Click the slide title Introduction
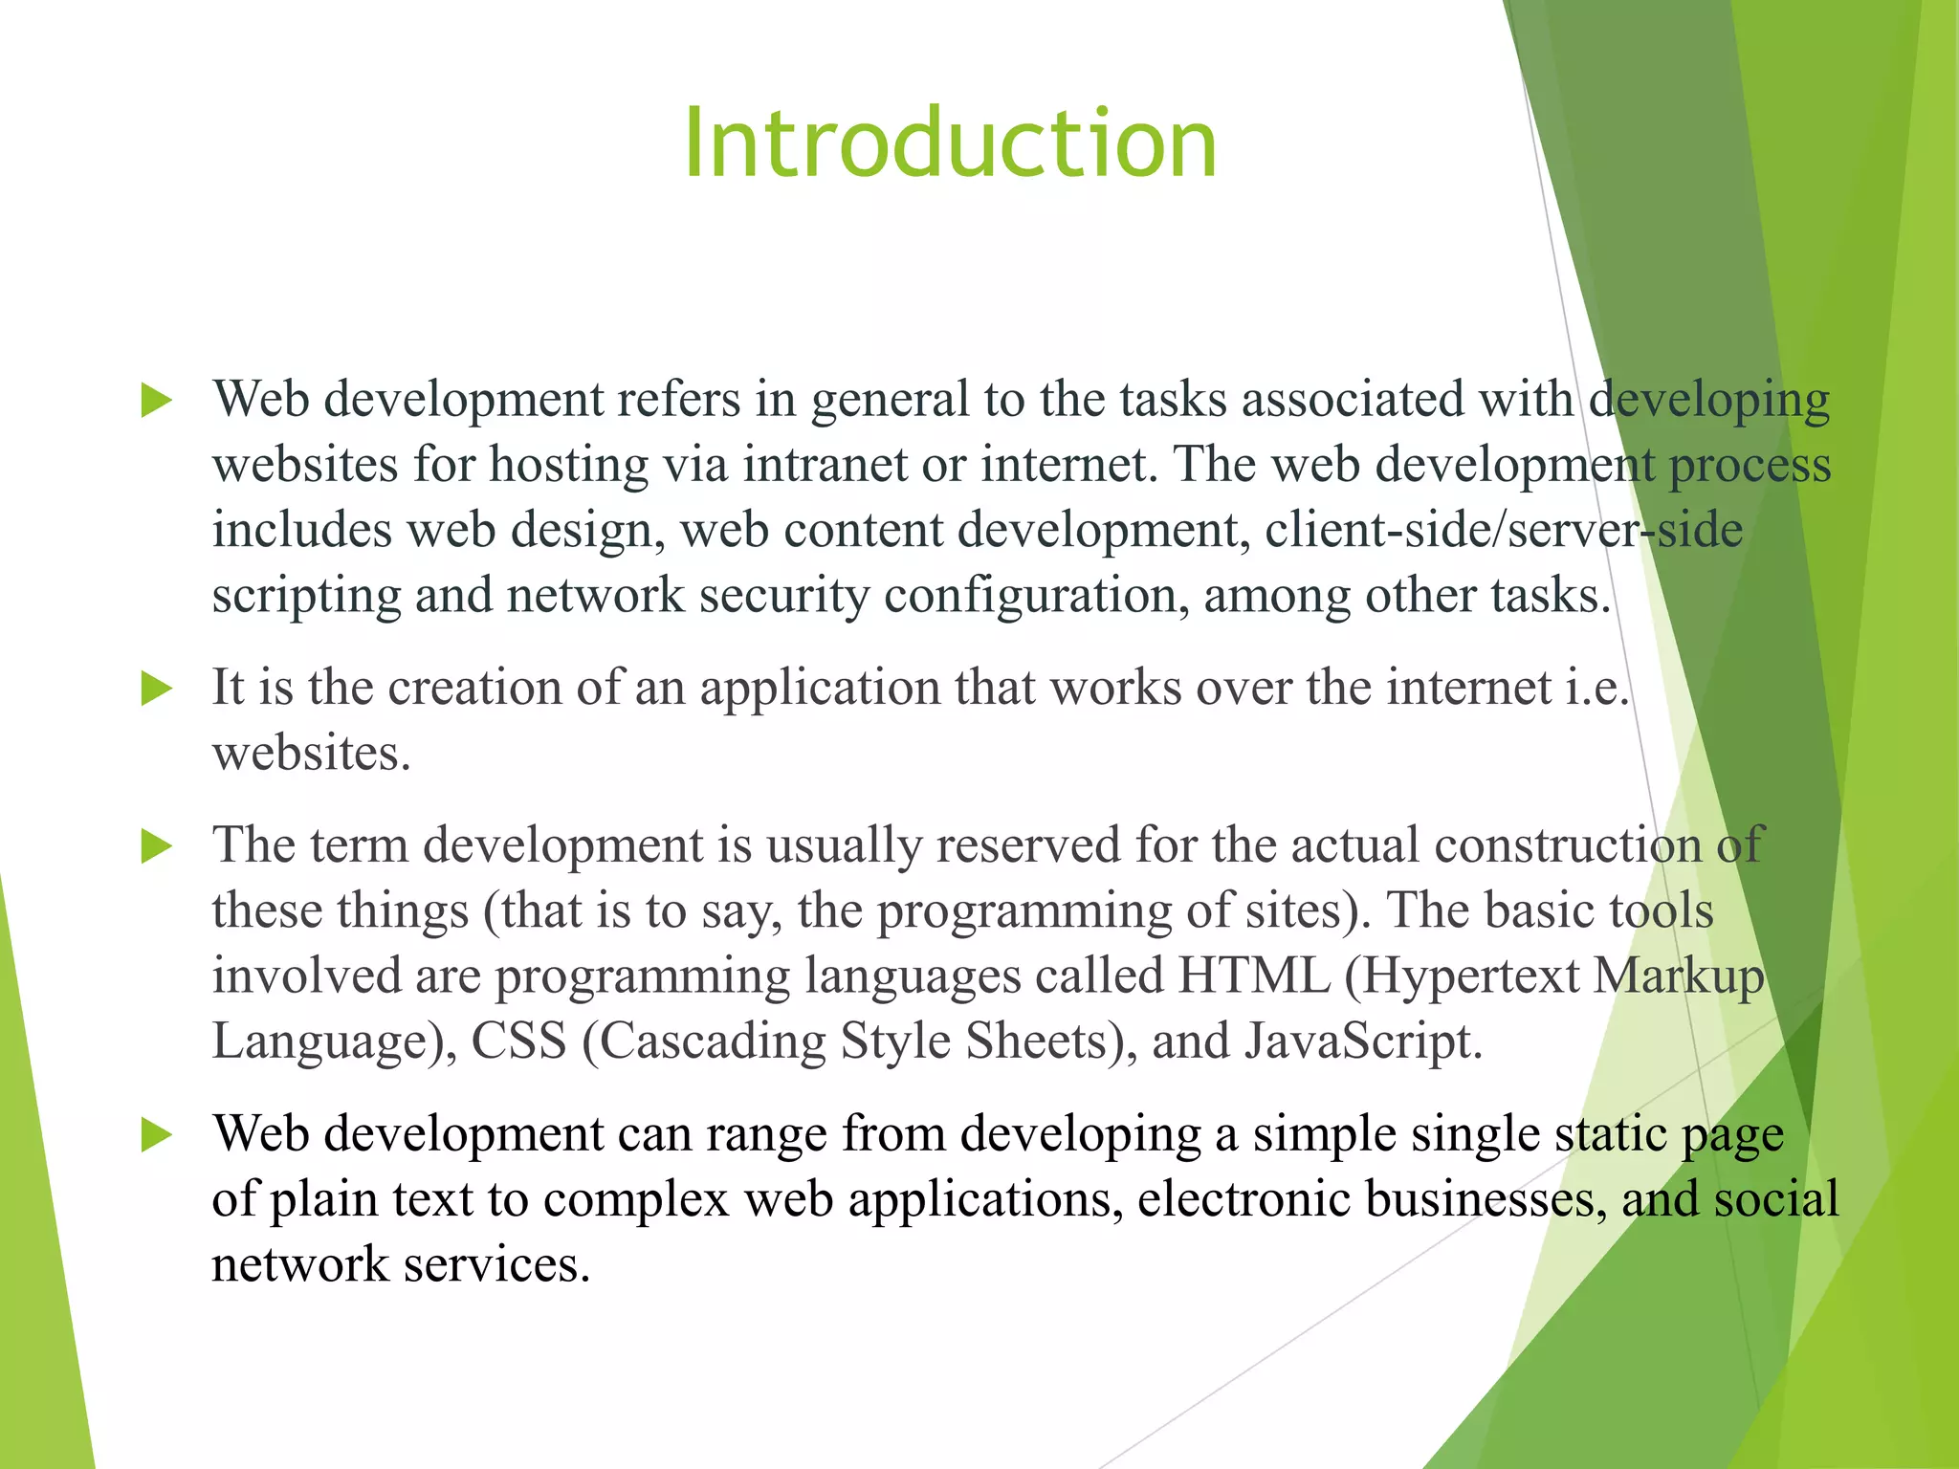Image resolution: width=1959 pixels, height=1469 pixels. click(950, 143)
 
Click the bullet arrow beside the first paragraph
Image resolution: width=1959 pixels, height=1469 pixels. click(156, 400)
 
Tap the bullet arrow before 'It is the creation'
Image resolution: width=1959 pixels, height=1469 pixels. click(156, 689)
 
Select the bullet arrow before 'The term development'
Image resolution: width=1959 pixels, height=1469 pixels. click(156, 845)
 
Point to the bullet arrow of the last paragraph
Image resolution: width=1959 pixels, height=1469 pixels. click(156, 1135)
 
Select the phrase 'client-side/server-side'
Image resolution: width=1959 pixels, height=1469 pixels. click(1504, 531)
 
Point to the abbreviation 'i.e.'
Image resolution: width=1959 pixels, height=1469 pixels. click(1596, 688)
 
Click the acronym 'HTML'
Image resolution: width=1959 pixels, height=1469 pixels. click(1253, 976)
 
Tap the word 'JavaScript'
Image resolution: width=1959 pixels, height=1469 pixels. click(1363, 1042)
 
